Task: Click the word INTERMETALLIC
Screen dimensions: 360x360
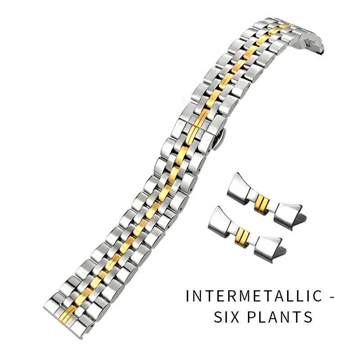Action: click(254, 296)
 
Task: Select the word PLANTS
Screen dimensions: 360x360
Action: click(279, 317)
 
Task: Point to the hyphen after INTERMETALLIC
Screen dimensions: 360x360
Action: click(332, 297)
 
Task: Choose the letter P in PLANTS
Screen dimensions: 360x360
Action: click(251, 317)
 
